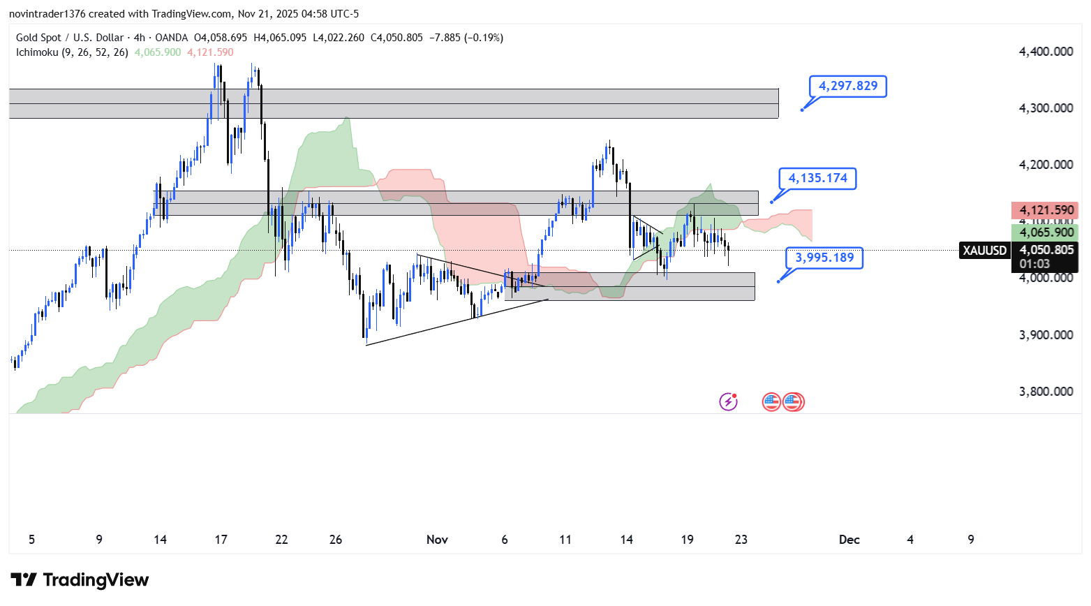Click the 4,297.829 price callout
(847, 87)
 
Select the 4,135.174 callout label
(817, 179)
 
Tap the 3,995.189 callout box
(824, 258)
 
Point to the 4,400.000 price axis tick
(1046, 52)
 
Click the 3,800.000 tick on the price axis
(1046, 392)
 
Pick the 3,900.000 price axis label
(1046, 335)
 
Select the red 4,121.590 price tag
(1046, 210)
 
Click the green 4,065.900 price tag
(1046, 232)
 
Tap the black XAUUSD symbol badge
(984, 251)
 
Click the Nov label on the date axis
(437, 540)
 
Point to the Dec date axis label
(849, 540)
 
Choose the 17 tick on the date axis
(221, 540)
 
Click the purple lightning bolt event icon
(728, 401)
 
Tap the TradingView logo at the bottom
(80, 580)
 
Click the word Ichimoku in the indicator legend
(37, 52)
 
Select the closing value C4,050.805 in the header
(396, 38)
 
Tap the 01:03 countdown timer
(1034, 264)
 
